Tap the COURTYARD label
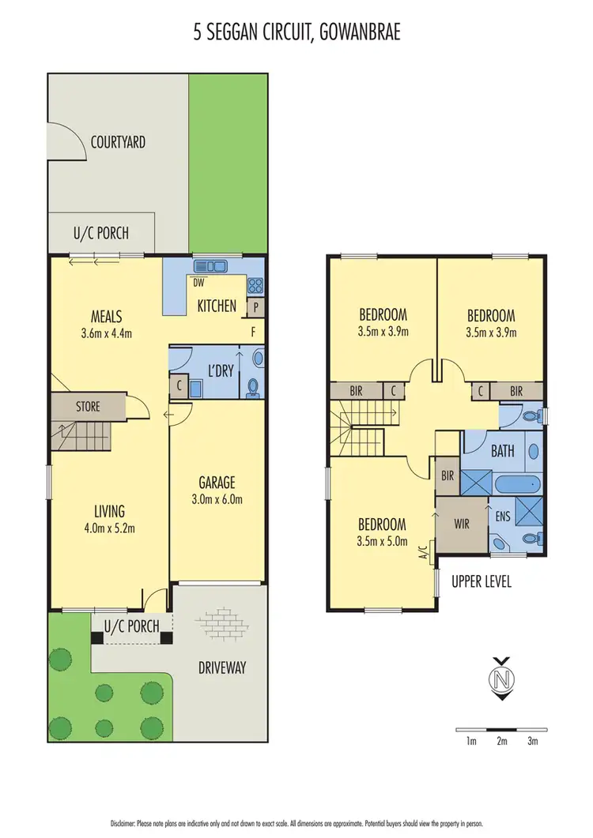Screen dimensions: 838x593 (118, 142)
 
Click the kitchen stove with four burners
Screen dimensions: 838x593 (255, 286)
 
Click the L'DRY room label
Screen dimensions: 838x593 (219, 370)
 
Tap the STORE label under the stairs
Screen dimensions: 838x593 (88, 407)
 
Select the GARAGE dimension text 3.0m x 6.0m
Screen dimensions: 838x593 (217, 498)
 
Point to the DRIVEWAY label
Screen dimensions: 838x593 (221, 667)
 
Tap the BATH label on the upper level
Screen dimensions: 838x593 (502, 452)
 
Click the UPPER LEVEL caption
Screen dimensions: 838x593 (482, 581)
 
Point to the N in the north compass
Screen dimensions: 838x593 (499, 678)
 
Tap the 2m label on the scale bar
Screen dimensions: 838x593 (501, 741)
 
